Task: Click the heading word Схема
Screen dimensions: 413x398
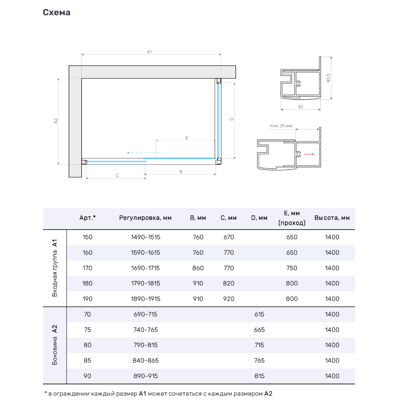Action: tap(56, 12)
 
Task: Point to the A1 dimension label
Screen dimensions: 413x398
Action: tap(149, 52)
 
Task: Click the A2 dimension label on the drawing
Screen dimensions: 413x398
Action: tap(55, 121)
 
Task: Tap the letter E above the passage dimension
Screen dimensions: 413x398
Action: tap(187, 138)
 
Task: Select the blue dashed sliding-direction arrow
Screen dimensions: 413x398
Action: tap(145, 153)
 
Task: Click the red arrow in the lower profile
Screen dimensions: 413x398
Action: tap(309, 154)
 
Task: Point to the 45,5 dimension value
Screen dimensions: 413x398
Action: tap(328, 78)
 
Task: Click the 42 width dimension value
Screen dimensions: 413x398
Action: tap(300, 107)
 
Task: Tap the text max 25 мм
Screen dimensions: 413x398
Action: tap(281, 126)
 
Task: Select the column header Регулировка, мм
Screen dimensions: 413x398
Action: tap(145, 218)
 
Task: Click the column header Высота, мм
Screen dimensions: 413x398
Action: tap(332, 218)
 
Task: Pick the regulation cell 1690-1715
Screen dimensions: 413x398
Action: tap(145, 268)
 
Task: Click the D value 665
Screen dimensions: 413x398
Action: tap(259, 330)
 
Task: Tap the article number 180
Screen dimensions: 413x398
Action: tap(87, 283)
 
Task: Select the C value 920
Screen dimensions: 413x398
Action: tap(228, 299)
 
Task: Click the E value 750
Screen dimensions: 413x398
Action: tap(292, 268)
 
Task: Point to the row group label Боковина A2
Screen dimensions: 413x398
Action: tap(55, 345)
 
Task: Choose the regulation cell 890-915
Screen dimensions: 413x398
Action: tap(146, 376)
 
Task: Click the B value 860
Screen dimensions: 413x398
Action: tap(198, 268)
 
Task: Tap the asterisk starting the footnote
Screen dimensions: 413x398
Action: tap(46, 393)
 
